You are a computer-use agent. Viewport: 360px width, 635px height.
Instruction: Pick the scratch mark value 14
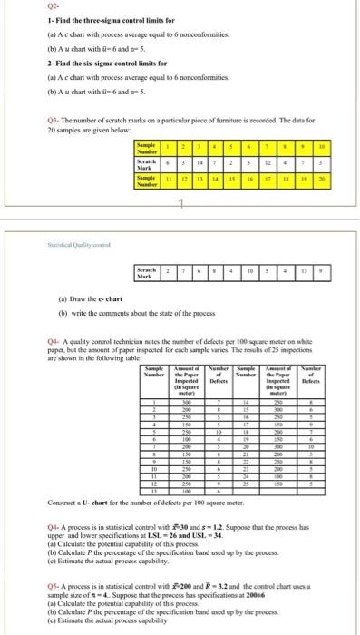click(x=199, y=162)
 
